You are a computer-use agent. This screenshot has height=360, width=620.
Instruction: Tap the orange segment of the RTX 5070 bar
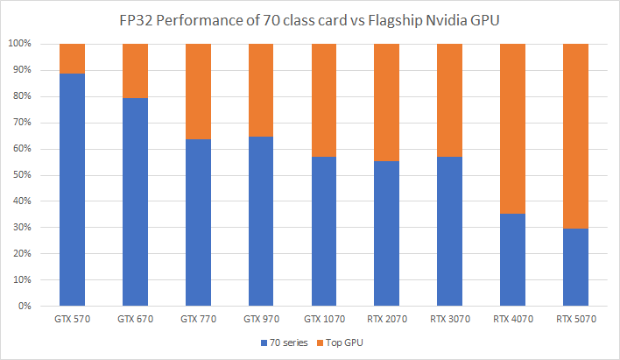pyautogui.click(x=575, y=136)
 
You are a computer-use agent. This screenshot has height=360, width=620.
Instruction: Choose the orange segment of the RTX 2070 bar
pyautogui.click(x=387, y=102)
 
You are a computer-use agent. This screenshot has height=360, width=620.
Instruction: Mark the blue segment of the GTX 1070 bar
pyautogui.click(x=324, y=231)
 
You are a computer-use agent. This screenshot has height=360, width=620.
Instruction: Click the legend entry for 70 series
pyautogui.click(x=281, y=343)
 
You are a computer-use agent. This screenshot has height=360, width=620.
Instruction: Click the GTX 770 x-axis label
pyautogui.click(x=198, y=320)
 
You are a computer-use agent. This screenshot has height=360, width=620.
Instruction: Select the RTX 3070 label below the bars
pyautogui.click(x=449, y=320)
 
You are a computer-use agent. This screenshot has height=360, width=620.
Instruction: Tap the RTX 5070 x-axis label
pyautogui.click(x=575, y=320)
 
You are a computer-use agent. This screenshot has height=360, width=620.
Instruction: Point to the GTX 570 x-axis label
pyautogui.click(x=72, y=320)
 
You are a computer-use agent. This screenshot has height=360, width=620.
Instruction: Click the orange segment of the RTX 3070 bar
pyautogui.click(x=449, y=100)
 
